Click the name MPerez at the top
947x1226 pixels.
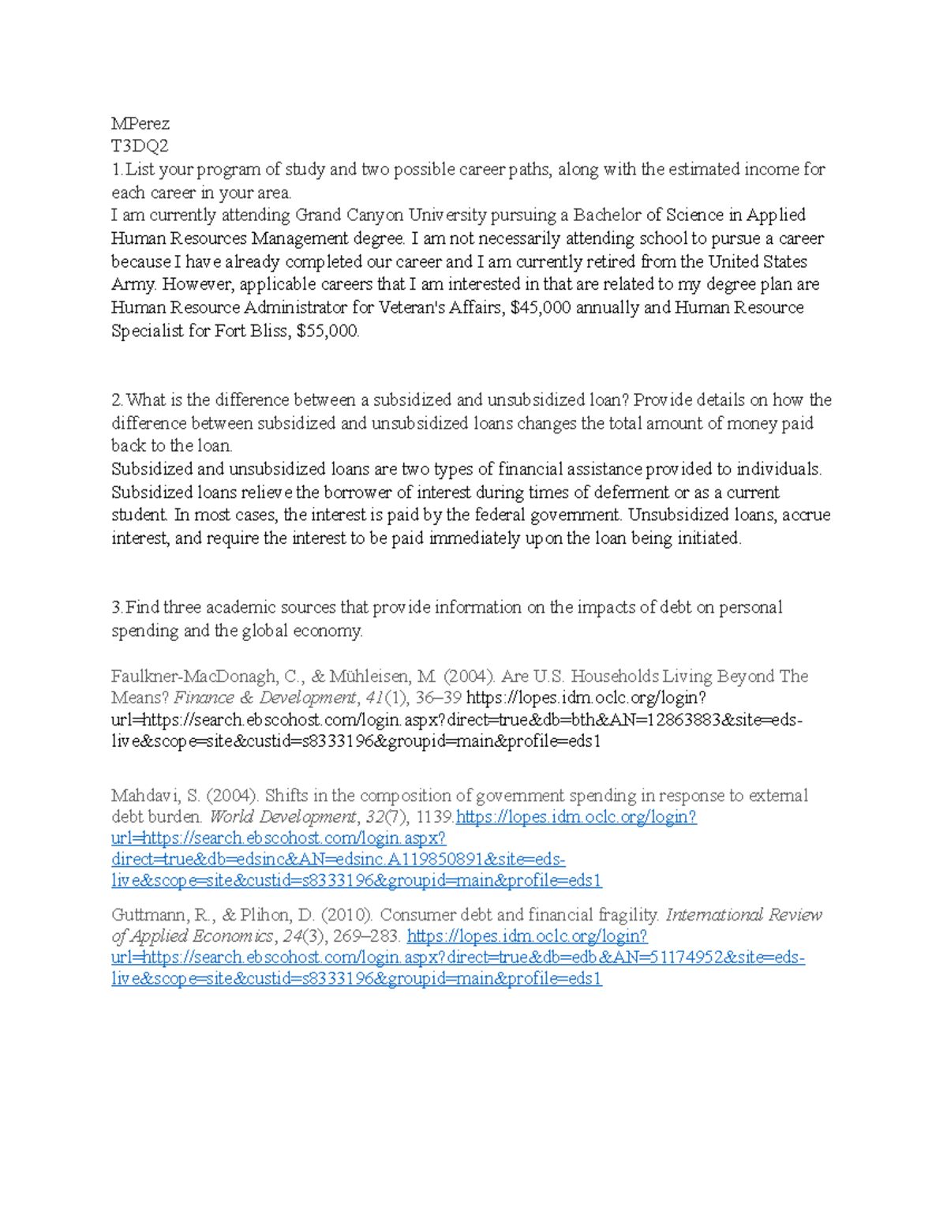point(140,123)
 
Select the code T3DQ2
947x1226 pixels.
point(140,146)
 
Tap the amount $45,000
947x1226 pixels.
point(541,308)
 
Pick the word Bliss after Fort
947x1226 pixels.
point(267,332)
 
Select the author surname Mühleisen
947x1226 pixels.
point(381,677)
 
